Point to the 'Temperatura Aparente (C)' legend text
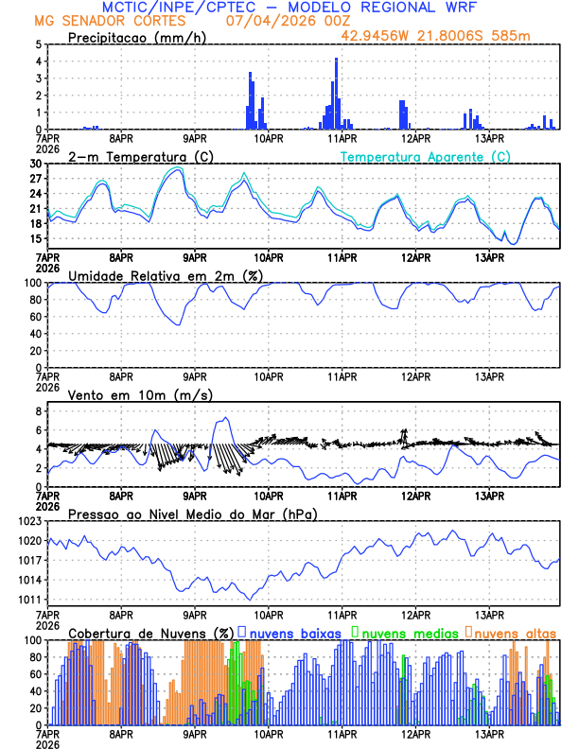point(426,156)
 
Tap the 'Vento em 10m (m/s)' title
point(127,394)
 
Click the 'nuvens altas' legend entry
point(515,632)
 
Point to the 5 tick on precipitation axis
point(37,44)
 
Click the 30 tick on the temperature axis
point(34,164)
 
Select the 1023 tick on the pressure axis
point(29,521)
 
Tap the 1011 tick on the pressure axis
point(29,600)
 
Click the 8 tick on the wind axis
point(37,411)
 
